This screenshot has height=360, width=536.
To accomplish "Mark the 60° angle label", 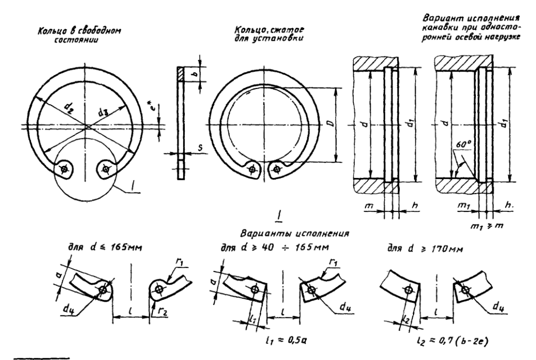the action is coord(463,144).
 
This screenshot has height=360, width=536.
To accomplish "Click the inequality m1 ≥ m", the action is coord(486,226).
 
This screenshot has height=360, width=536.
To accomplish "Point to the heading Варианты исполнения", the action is coord(295,234).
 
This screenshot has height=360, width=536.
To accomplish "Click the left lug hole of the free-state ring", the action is coord(64,168).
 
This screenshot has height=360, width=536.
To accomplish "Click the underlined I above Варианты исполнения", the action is coord(280,217).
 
